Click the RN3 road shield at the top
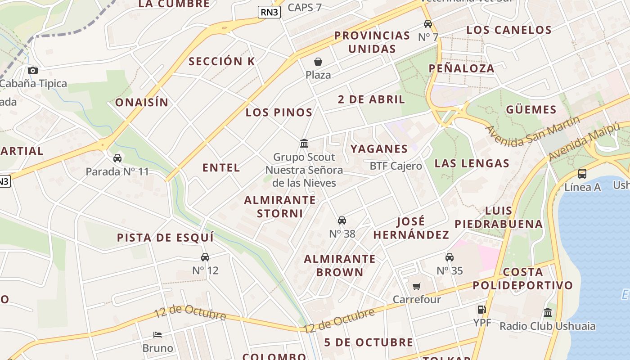pos(269,12)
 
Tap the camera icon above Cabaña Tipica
pos(32,70)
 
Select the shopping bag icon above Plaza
pos(318,62)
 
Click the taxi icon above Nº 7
pos(427,24)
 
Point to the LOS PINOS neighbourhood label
pos(279,112)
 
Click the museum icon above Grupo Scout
pos(304,144)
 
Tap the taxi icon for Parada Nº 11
pos(117,158)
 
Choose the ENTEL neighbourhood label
pos(221,168)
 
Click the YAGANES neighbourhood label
pos(379,149)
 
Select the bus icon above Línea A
pos(582,173)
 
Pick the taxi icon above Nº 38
pos(342,220)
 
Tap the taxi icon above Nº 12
pos(205,257)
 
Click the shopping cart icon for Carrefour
pos(417,286)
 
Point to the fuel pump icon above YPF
pos(481,310)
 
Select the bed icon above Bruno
pos(157,335)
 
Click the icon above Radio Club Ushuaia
pos(548,312)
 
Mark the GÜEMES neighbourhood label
pos(531,110)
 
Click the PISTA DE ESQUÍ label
pos(165,238)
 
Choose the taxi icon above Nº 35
pos(450,257)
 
